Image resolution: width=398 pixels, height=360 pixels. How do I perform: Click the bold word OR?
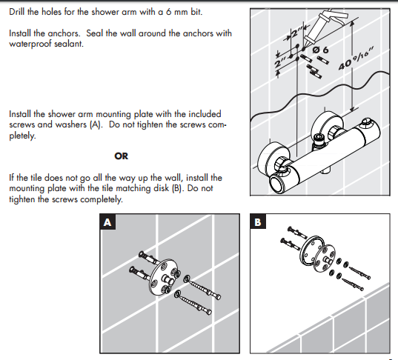click(x=120, y=156)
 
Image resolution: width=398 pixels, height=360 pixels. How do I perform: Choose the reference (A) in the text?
click(x=96, y=125)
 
